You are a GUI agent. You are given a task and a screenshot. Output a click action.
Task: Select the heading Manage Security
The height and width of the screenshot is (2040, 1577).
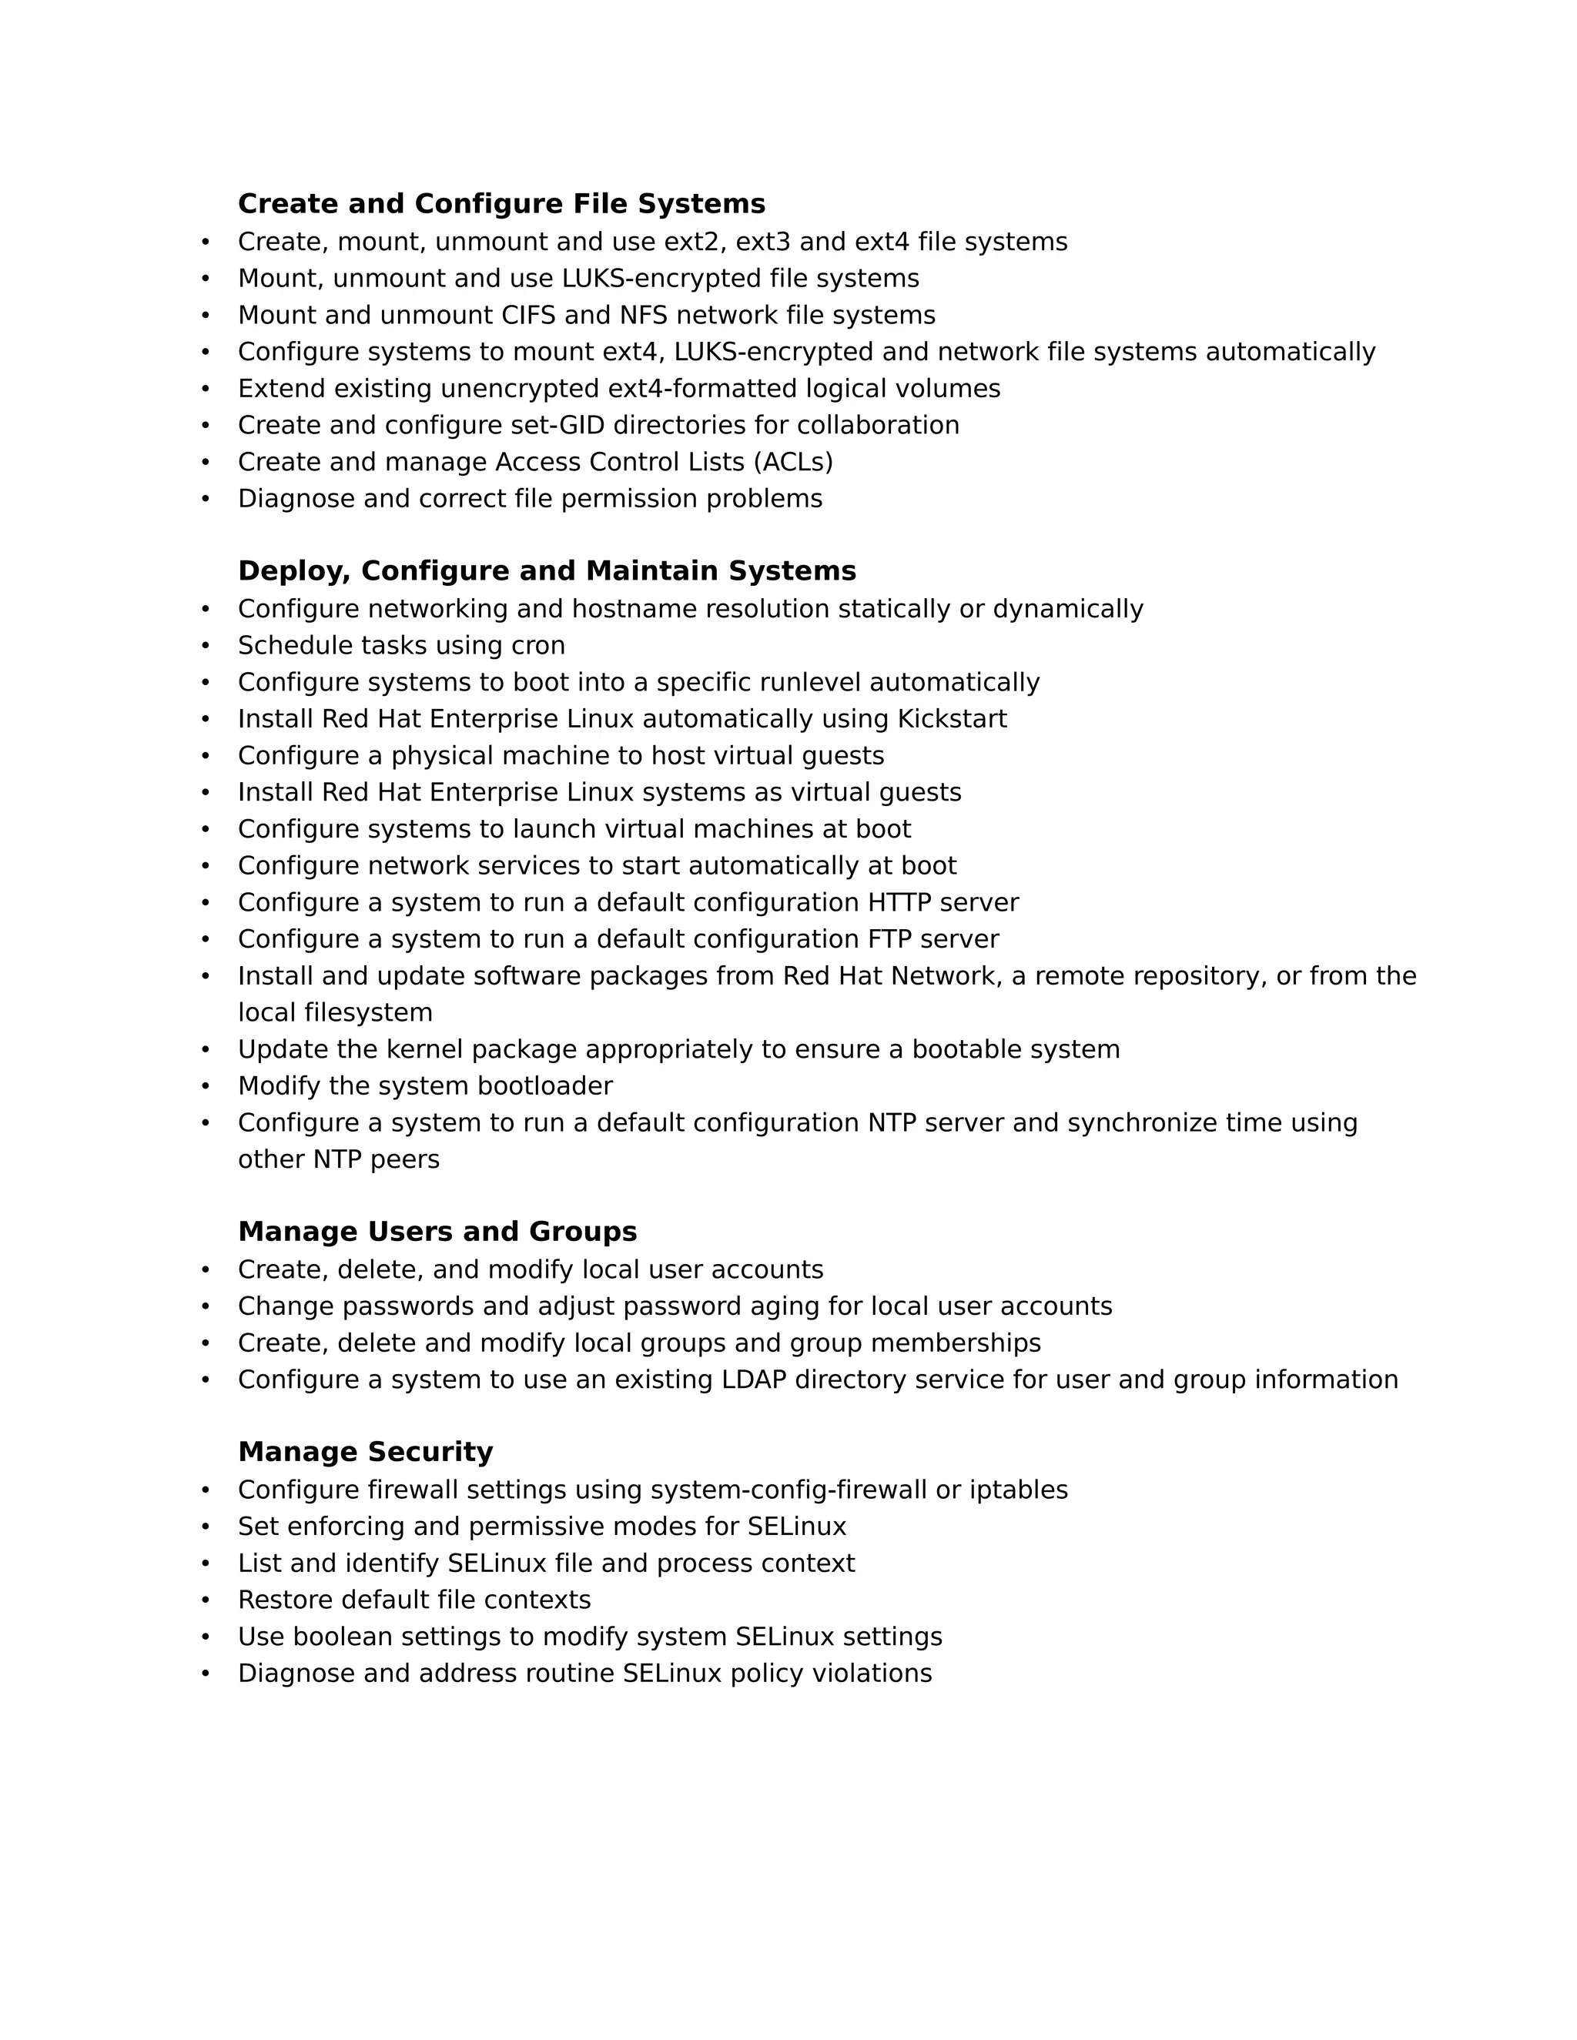tap(365, 1452)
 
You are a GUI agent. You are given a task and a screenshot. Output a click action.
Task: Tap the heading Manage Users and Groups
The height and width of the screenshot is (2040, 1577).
tap(437, 1231)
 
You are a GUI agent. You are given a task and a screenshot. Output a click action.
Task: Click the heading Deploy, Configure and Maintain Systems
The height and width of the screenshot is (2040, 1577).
tap(547, 570)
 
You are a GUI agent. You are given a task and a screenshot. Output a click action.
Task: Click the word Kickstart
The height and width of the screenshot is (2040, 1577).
tap(951, 718)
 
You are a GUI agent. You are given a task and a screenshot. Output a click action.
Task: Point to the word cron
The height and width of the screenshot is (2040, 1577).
tap(537, 645)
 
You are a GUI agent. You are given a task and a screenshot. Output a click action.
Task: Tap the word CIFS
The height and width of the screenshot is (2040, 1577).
tap(529, 315)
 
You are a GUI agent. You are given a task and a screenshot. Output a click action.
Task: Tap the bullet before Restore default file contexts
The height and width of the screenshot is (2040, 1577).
tap(206, 1600)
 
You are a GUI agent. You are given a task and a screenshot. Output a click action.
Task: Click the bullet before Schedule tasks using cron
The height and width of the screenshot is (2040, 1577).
tap(206, 645)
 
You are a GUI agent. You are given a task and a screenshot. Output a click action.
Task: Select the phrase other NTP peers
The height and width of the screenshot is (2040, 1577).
tap(338, 1159)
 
